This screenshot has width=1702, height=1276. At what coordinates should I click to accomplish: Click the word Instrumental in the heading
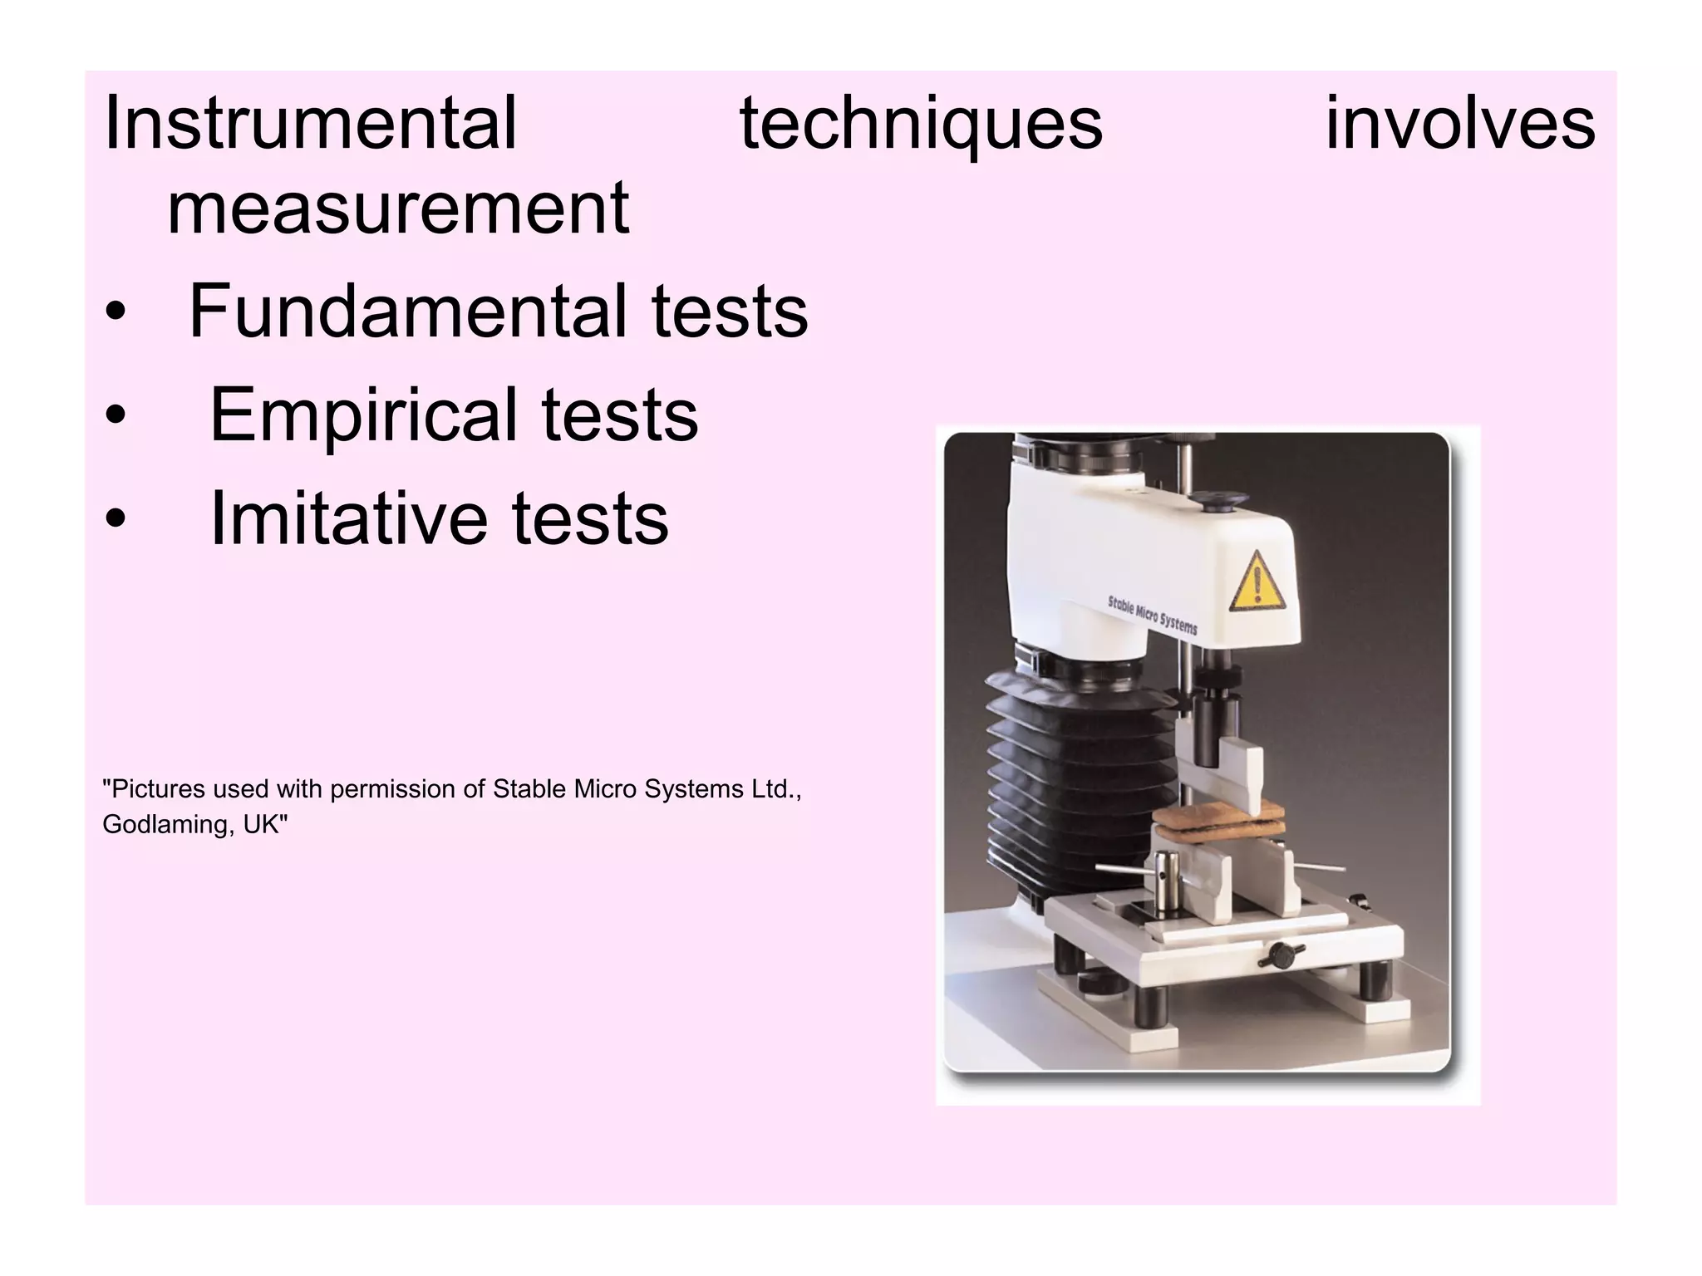pos(310,125)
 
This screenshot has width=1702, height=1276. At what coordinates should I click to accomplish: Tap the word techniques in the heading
pos(921,125)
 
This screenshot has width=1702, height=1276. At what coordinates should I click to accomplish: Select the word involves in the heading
pos(1459,125)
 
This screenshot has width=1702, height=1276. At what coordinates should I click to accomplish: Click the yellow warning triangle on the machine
pos(1256,581)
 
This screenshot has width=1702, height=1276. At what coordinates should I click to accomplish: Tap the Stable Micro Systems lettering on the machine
pos(1152,614)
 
